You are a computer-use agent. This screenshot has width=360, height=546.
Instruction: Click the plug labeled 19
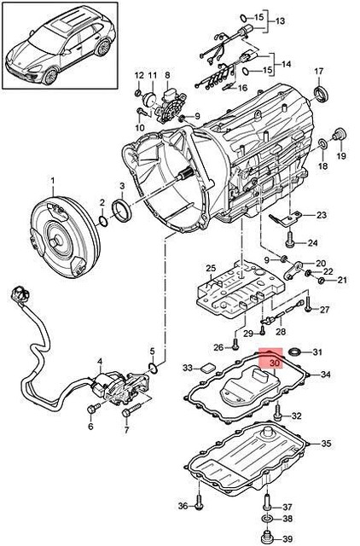[339, 135]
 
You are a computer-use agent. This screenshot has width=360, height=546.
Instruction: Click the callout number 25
[211, 269]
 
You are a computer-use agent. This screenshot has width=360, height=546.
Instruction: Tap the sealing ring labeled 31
[295, 352]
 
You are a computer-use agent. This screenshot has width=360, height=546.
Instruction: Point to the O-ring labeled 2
[103, 221]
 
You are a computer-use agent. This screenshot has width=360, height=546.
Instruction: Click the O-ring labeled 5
[153, 368]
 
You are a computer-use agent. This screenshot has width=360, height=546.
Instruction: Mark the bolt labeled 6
[93, 409]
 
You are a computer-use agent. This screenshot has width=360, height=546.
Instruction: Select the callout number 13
[280, 21]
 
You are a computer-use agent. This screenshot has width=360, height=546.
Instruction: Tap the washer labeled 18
[322, 143]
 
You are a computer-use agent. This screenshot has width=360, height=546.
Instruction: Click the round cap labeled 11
[150, 98]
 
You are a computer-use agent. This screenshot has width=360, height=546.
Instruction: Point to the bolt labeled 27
[309, 304]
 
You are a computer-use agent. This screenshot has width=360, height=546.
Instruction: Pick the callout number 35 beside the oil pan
[326, 444]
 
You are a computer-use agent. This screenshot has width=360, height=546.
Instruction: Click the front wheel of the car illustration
[50, 76]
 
